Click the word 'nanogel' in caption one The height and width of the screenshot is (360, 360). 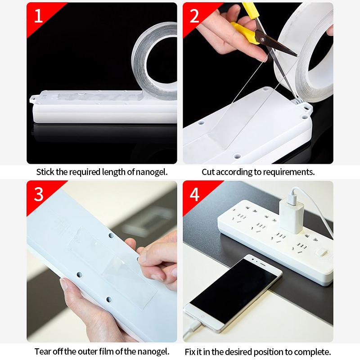(151, 172)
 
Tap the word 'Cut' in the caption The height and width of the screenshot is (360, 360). (208, 172)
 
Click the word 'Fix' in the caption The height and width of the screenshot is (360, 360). (190, 352)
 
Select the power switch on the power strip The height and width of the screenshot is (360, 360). (321, 252)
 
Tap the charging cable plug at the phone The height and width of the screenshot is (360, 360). (193, 328)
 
